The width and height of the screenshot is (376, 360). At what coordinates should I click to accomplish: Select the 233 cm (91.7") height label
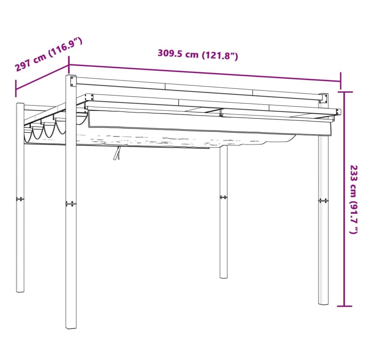pyautogui.click(x=354, y=199)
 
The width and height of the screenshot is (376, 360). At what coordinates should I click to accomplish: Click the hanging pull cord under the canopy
pyautogui.click(x=117, y=153)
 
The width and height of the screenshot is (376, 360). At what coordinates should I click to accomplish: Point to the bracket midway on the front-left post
pyautogui.click(x=71, y=204)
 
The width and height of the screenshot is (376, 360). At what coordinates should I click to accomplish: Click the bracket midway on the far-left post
pyautogui.click(x=20, y=199)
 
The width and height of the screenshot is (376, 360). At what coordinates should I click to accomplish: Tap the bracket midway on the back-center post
pyautogui.click(x=223, y=197)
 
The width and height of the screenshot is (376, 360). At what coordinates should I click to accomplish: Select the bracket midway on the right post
pyautogui.click(x=323, y=201)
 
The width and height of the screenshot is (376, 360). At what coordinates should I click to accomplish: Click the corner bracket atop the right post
pyautogui.click(x=324, y=98)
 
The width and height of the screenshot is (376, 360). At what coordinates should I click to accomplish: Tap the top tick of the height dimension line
pyautogui.click(x=345, y=92)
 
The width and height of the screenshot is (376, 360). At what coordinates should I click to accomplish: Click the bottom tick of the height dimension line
pyautogui.click(x=345, y=306)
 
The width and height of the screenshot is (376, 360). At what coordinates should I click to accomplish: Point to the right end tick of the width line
pyautogui.click(x=340, y=77)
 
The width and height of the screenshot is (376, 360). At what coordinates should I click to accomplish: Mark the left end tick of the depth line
pyautogui.click(x=16, y=89)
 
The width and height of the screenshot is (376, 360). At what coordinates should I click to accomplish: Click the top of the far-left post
pyautogui.click(x=20, y=104)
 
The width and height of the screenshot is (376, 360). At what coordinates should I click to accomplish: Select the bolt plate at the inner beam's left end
pyautogui.click(x=89, y=97)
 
